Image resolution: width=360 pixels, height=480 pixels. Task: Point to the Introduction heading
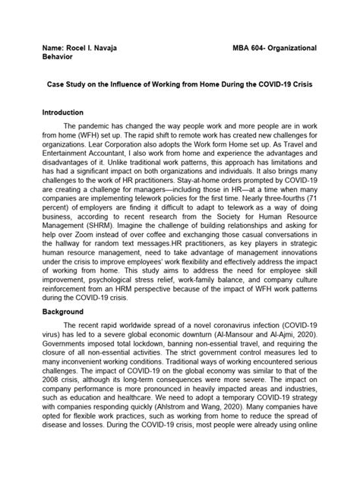coord(66,112)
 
